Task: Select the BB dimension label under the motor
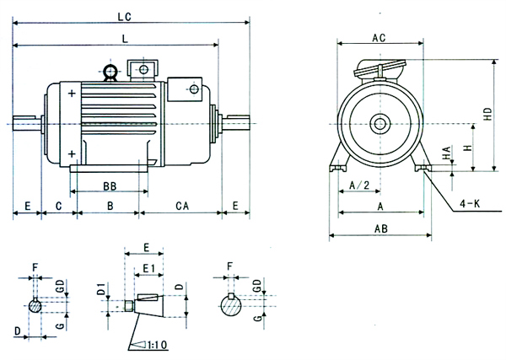[x=109, y=185]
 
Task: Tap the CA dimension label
[x=181, y=206]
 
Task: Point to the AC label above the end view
[x=379, y=36]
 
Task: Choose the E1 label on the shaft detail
[x=148, y=268]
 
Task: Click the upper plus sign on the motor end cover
[x=73, y=94]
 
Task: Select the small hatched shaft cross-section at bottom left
[x=35, y=306]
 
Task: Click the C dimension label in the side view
[x=59, y=206]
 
